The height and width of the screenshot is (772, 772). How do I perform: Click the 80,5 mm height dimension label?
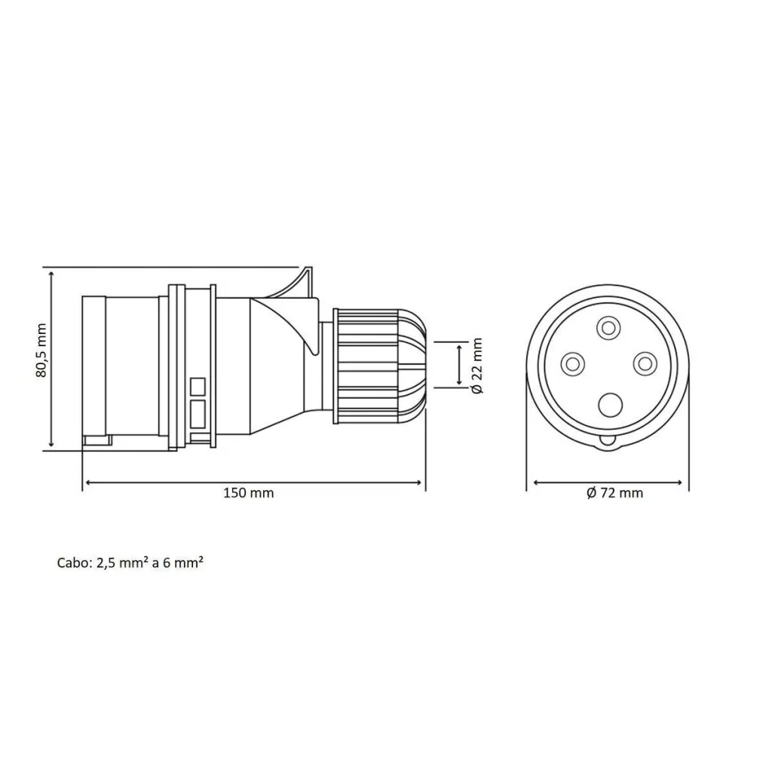tap(41, 350)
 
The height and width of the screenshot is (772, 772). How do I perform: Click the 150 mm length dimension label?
tap(249, 493)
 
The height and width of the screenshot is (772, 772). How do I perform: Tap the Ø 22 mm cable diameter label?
tap(476, 366)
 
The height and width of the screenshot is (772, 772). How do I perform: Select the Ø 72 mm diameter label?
tap(614, 493)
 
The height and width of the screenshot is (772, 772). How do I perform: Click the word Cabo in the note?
tap(74, 562)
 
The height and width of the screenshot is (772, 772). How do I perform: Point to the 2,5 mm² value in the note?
tap(123, 562)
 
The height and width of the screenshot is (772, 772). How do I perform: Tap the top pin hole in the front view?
tap(608, 327)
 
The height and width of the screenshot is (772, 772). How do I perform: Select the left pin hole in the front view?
tap(573, 364)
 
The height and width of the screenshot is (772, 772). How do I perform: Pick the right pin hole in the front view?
tap(645, 364)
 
